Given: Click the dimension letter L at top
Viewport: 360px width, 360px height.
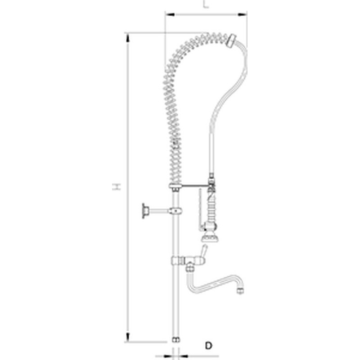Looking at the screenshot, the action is [x=206, y=4].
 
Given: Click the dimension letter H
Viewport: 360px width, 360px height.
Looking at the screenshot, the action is [x=117, y=187].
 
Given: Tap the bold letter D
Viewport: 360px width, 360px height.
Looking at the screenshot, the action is [x=208, y=346].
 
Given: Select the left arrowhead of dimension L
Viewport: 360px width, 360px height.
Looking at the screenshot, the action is [x=170, y=14].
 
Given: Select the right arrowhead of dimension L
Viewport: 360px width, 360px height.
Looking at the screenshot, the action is [x=243, y=14].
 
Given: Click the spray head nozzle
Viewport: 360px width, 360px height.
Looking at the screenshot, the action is [x=209, y=238].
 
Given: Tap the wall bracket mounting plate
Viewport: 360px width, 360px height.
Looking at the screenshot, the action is [x=144, y=211].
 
